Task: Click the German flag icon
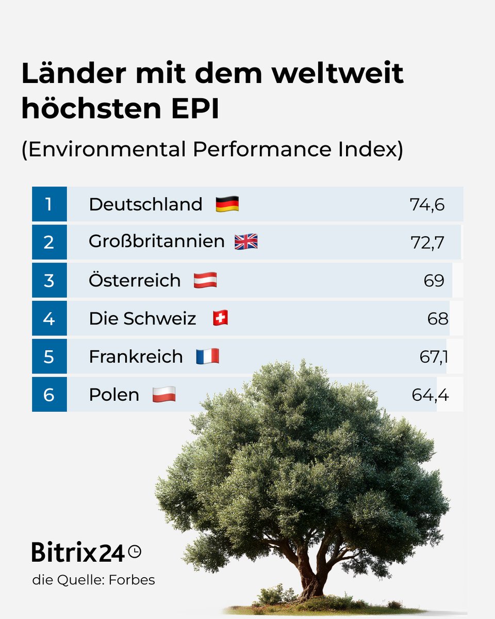tap(227, 204)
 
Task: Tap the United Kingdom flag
tap(246, 242)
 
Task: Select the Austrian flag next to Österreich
tap(205, 281)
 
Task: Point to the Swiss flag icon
tap(220, 319)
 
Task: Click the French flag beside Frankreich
tap(207, 356)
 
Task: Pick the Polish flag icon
tap(164, 395)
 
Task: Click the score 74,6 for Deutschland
tap(427, 205)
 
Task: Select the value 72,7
tap(427, 242)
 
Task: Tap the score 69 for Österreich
tap(434, 281)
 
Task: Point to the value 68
tap(437, 319)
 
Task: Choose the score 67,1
tap(433, 357)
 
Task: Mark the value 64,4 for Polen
tap(430, 395)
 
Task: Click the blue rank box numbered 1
tap(49, 204)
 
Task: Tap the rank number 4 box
tap(49, 319)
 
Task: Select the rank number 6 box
tap(49, 395)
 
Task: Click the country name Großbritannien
tap(156, 241)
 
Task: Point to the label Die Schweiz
tap(142, 319)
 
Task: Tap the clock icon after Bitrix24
tap(135, 551)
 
